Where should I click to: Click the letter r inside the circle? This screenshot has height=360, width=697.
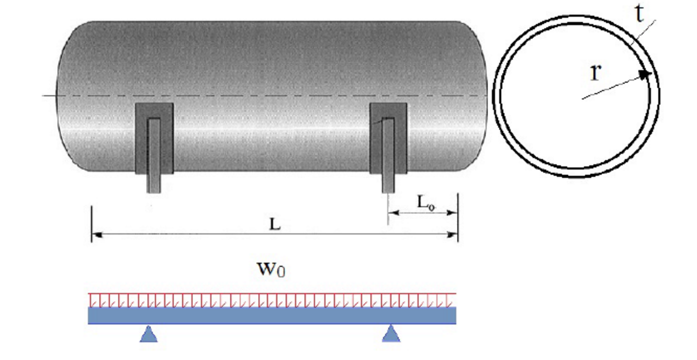tap(595, 73)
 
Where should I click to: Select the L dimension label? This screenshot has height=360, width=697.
tap(275, 224)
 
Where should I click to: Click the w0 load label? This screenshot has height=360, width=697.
tap(271, 269)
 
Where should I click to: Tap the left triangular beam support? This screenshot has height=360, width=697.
tap(149, 334)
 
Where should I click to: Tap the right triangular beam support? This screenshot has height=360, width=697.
tap(391, 334)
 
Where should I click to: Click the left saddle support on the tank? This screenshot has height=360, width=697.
tap(154, 138)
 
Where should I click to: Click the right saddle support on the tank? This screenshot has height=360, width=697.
tap(388, 138)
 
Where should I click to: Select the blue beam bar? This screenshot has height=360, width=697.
tap(272, 316)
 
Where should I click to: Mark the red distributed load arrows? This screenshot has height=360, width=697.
tap(272, 300)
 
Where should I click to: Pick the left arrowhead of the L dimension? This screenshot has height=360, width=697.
tap(97, 235)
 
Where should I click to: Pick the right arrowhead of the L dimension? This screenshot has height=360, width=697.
tap(453, 235)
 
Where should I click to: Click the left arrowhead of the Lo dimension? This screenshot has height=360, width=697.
tap(393, 213)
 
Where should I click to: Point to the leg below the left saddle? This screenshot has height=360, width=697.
tap(154, 183)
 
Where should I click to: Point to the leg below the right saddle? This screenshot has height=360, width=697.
tap(388, 183)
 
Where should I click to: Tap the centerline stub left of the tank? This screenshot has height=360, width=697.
tap(49, 96)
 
